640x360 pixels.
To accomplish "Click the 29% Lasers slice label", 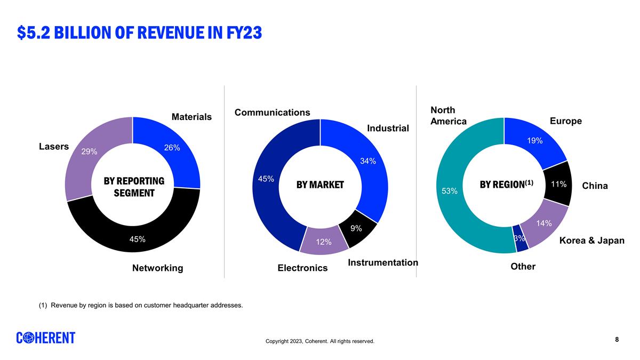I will tap(89, 151).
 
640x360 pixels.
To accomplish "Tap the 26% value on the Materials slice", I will tap(172, 148).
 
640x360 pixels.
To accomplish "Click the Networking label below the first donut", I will tap(157, 268).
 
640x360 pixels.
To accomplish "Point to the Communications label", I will tap(272, 113).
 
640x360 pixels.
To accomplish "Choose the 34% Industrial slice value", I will tap(368, 161).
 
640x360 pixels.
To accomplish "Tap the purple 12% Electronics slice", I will tap(324, 242).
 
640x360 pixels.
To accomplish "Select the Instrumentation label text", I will tap(383, 262).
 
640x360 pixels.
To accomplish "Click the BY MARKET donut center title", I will tap(320, 185).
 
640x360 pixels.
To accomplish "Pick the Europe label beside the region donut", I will tap(565, 121).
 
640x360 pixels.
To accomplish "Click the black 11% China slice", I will tap(558, 184).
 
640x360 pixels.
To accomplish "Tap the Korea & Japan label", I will tap(591, 241).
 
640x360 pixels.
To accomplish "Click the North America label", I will tap(448, 116).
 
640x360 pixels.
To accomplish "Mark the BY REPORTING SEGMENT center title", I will tap(133, 187).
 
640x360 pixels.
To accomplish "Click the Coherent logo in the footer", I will tap(45, 338).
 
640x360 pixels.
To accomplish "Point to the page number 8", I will tap(617, 339).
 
